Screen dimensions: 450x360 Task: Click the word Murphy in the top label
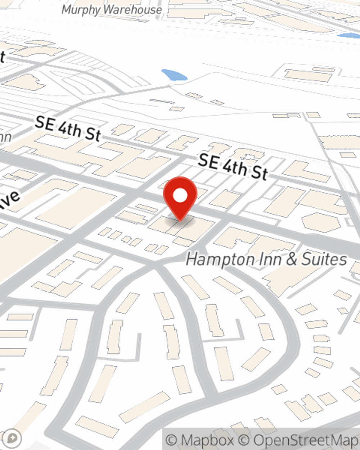(x=78, y=10)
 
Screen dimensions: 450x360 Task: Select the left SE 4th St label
(x=68, y=129)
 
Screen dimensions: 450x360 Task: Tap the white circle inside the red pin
(x=180, y=196)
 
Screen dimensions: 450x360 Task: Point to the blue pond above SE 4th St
(x=174, y=75)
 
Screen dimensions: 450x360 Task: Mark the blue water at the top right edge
(x=349, y=36)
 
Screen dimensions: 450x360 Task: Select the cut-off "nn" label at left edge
(x=5, y=137)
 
